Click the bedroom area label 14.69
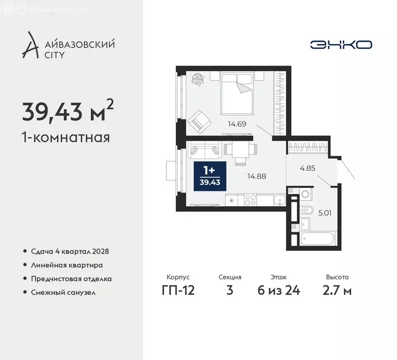click(x=237, y=124)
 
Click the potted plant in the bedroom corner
click(x=196, y=79)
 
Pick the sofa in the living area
click(x=204, y=151)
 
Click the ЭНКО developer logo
click(x=341, y=45)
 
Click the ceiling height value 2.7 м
click(x=337, y=290)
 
